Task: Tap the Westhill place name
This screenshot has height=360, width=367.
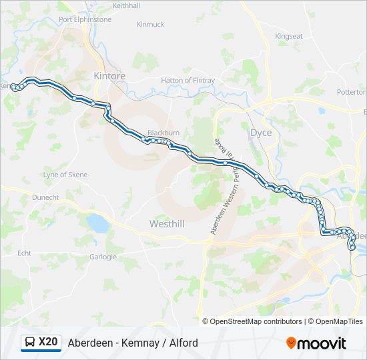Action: tap(167, 224)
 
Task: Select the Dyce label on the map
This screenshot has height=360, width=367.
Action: tap(260, 133)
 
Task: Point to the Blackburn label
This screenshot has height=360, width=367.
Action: tap(163, 133)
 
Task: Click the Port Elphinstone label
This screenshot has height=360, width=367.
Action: tap(85, 19)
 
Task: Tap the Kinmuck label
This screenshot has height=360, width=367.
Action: tap(150, 24)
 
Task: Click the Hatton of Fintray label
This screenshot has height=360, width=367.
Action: tap(188, 81)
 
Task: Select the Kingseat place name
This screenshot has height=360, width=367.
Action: tap(288, 36)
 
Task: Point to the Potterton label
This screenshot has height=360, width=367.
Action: tap(352, 92)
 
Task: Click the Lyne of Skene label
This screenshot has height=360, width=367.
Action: tap(65, 175)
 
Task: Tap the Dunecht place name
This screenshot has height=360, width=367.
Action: tap(45, 197)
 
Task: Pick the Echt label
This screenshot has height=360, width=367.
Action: tap(25, 253)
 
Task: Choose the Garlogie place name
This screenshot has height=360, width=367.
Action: tap(103, 257)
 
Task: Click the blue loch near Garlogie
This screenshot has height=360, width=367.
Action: tap(99, 223)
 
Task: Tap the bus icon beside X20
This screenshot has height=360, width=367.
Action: tap(30, 343)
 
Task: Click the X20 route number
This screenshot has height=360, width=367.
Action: tap(48, 343)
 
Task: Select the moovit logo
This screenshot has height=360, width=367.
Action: tap(316, 343)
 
